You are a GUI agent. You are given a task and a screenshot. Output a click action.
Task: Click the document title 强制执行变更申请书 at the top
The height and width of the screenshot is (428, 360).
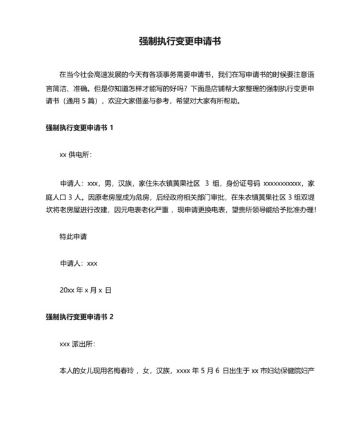[x=180, y=41]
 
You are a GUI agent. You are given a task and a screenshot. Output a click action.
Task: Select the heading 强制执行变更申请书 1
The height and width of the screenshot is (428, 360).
[x=80, y=127]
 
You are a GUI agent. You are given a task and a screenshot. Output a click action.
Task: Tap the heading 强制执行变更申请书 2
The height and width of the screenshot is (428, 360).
[x=80, y=317]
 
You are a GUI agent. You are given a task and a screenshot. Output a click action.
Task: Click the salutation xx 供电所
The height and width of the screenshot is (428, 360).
[x=75, y=155]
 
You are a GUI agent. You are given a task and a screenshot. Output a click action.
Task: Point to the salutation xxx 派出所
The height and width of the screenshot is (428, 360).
[x=77, y=344]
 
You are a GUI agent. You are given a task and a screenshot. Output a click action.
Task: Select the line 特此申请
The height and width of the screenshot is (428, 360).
[x=73, y=237]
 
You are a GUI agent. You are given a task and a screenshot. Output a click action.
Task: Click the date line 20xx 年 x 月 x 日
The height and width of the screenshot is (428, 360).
[x=85, y=290]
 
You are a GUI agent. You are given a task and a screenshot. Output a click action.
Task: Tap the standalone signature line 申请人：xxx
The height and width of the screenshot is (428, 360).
[x=78, y=263]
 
